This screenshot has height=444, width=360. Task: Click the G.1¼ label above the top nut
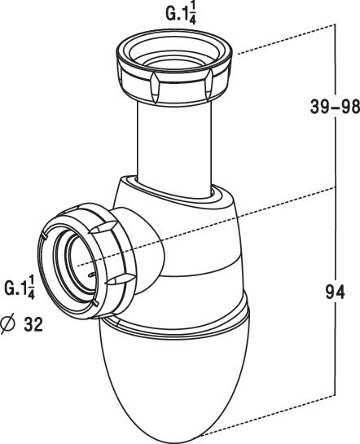pos(181,14)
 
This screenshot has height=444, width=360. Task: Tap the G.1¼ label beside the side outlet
pos(20,287)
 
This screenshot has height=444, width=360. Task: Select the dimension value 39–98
pos(335,107)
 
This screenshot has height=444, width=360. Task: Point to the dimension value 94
pos(335,292)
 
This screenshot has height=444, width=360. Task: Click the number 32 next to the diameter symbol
pos(33,324)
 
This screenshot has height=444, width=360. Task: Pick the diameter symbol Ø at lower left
pos(7,324)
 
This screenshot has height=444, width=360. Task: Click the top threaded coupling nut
pos(174,67)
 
